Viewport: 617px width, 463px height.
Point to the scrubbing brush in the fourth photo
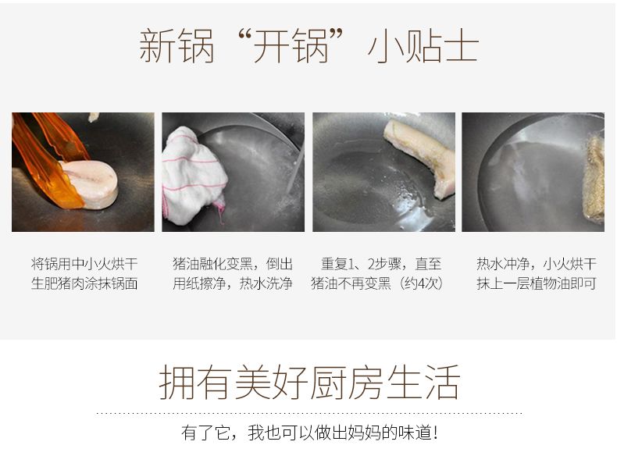(x=594, y=179)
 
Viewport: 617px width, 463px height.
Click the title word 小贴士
(x=423, y=46)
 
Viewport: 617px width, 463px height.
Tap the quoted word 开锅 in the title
(x=291, y=46)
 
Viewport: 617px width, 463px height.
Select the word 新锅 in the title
(x=177, y=46)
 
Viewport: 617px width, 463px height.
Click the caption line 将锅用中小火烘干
(x=84, y=264)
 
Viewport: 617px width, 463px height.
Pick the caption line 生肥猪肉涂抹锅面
(x=84, y=283)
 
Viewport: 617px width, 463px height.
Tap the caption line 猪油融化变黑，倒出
(x=233, y=264)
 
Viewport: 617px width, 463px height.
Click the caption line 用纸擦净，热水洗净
(x=233, y=283)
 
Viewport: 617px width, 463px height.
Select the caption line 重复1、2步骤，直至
(x=381, y=264)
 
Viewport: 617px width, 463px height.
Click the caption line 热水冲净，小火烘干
(x=537, y=264)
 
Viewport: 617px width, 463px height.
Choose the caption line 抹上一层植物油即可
(x=537, y=283)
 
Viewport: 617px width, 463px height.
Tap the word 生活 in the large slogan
(x=423, y=382)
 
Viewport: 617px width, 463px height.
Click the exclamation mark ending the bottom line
(x=435, y=433)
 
